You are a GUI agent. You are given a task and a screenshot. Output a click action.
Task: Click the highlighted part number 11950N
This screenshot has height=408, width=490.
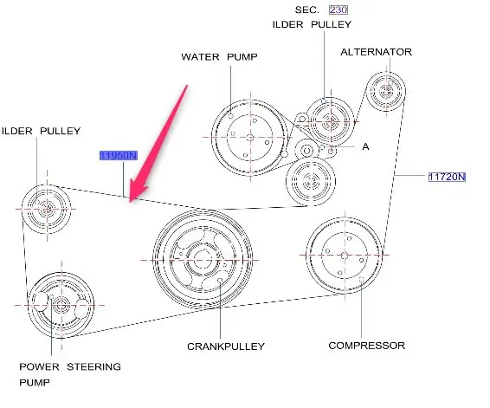(119, 155)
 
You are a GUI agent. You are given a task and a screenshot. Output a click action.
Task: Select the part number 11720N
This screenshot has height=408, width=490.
(447, 177)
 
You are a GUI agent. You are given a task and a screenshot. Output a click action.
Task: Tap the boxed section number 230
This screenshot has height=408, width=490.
(338, 10)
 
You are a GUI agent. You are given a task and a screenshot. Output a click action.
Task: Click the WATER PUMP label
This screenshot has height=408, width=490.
(219, 57)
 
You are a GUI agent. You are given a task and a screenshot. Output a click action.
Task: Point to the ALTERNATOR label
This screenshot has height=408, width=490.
(377, 52)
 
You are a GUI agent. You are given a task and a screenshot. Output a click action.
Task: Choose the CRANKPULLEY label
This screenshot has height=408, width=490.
(226, 346)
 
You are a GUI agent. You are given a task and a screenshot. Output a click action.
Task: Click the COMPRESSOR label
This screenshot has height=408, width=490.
(367, 346)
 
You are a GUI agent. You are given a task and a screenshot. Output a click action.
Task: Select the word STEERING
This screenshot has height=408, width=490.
(94, 366)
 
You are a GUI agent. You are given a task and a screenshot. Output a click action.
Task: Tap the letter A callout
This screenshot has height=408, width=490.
(365, 146)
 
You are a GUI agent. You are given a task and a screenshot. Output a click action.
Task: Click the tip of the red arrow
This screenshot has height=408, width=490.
(130, 202)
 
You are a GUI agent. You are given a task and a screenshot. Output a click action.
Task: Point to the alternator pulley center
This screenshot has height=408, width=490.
(386, 91)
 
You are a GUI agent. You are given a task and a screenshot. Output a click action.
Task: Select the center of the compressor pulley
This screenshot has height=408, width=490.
(345, 256)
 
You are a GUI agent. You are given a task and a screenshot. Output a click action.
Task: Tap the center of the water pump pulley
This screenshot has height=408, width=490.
(250, 137)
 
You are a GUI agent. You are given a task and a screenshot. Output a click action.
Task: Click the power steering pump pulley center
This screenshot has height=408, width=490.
(61, 305)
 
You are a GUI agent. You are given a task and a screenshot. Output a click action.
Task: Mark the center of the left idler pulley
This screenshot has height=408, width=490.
(47, 209)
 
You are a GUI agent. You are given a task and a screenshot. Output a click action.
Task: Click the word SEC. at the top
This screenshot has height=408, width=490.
(307, 10)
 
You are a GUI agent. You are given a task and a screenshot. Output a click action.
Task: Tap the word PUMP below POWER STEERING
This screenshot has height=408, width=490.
(35, 382)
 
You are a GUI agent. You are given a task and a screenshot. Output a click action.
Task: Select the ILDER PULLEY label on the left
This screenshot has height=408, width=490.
(42, 131)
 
